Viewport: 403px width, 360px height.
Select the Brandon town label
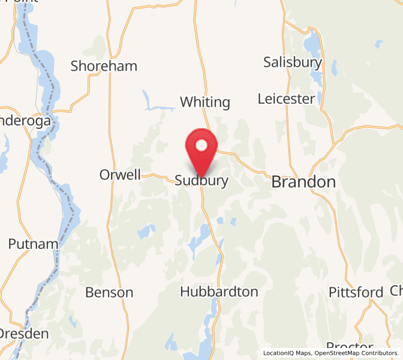(303, 182)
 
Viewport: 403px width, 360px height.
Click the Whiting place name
(205, 102)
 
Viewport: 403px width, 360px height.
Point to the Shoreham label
(104, 66)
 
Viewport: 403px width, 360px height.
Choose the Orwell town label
(120, 175)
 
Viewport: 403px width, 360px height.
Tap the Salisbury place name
(293, 62)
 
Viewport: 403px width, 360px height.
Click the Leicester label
(286, 98)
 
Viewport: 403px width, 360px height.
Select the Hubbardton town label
(219, 292)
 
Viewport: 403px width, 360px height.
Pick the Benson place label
(109, 293)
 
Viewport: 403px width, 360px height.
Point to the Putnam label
(34, 244)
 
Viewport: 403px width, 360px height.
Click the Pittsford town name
(356, 292)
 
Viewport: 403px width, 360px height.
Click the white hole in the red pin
(202, 145)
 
